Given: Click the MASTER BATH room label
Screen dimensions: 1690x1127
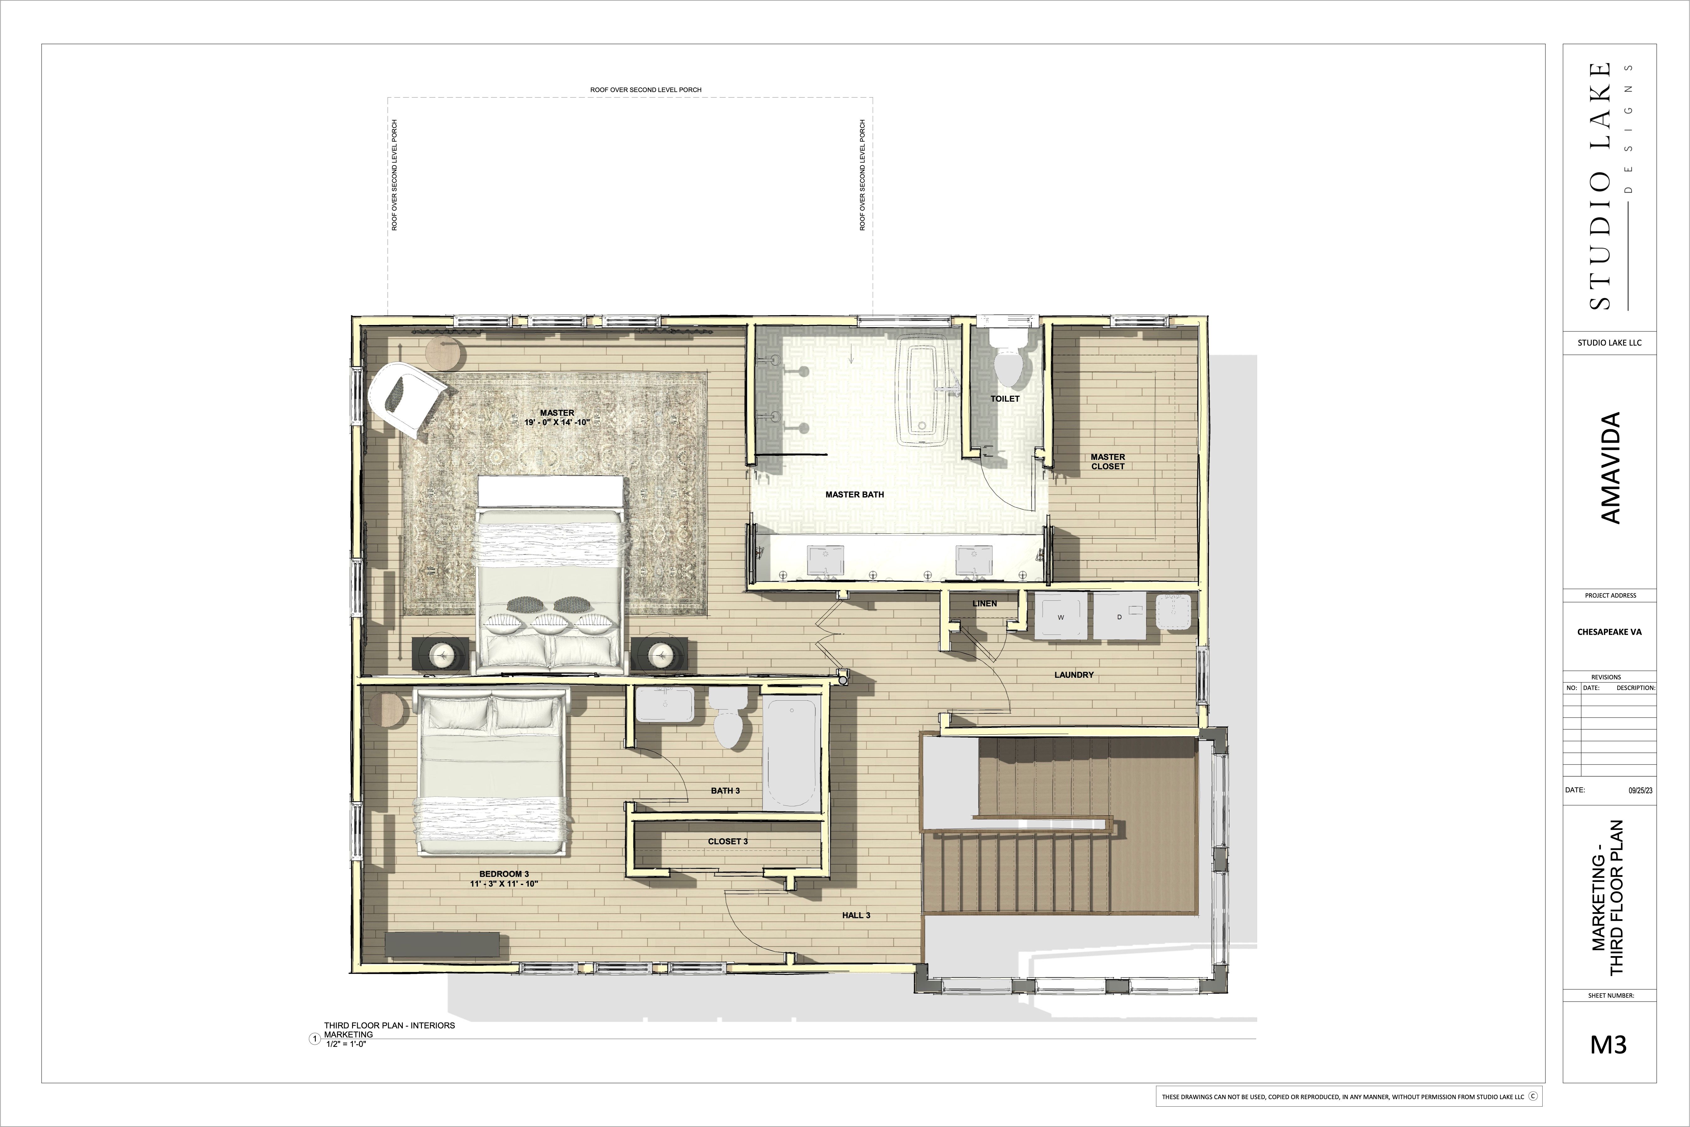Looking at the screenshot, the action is (x=854, y=495).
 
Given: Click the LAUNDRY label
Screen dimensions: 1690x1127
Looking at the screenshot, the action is (x=1073, y=675).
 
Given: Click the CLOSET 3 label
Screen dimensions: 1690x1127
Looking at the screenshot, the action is (x=728, y=842).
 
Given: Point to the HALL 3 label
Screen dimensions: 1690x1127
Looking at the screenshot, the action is (x=856, y=916).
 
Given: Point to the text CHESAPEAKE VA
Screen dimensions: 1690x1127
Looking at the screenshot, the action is (x=1610, y=632).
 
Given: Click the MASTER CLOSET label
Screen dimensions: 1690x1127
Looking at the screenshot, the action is (x=1108, y=461).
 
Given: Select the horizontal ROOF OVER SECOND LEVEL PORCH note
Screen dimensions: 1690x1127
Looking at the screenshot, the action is (x=645, y=90).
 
